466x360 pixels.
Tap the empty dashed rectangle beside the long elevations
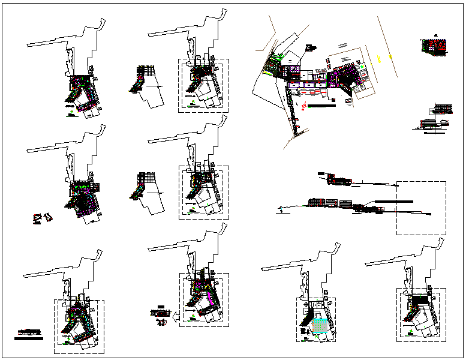coord(420,208)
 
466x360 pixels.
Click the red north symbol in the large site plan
coord(304,106)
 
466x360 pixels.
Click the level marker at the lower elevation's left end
coord(280,208)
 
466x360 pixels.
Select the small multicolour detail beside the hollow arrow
coord(160,313)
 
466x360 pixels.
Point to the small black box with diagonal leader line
coord(310,46)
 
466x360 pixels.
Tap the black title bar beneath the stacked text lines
coord(29,338)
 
